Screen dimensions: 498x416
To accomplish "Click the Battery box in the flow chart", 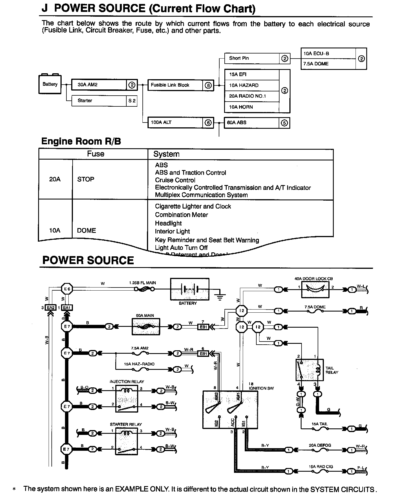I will pos(50,84).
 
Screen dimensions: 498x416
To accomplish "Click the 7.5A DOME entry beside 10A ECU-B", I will pos(328,64).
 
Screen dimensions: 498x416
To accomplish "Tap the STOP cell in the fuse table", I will pos(86,179).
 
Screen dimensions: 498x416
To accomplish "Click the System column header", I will pos(166,154).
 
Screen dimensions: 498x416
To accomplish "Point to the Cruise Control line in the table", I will pos(175,180).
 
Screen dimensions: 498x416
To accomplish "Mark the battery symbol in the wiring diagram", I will pos(190,289).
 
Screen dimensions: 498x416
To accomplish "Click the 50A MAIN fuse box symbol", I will pos(146,327).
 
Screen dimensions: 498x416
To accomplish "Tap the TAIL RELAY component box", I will pos(309,370).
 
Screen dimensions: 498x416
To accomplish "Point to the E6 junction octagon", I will pos(67,289).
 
